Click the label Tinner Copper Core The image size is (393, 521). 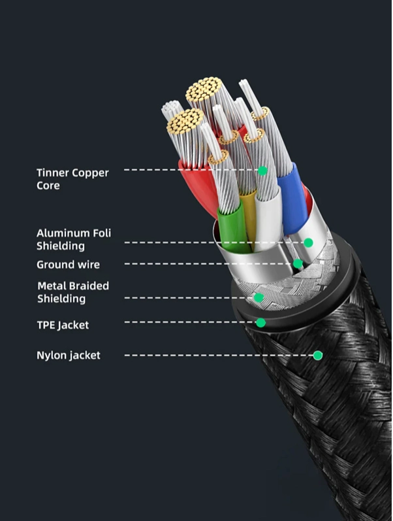[x=72, y=179]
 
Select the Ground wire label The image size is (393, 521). [x=68, y=265]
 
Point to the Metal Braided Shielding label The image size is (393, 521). [x=72, y=292]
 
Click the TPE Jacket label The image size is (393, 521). [x=62, y=325]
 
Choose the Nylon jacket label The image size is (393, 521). [x=69, y=356]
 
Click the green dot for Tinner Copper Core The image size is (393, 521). [x=262, y=171]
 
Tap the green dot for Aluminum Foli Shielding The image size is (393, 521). [x=308, y=243]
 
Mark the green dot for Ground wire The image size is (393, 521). [x=298, y=264]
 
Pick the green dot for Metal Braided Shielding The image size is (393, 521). [x=259, y=298]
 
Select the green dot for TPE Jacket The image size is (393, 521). [x=260, y=322]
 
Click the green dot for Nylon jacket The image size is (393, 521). [x=317, y=356]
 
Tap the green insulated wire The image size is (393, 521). [x=228, y=222]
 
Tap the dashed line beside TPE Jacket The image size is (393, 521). [x=189, y=322]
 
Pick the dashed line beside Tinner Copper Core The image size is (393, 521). [x=189, y=171]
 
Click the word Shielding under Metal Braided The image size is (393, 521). [x=61, y=299]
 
